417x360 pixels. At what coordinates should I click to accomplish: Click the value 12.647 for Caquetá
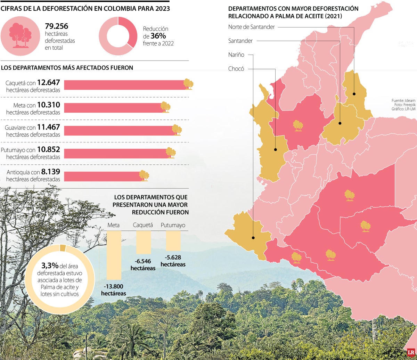click(49, 83)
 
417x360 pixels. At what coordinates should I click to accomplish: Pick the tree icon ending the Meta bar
click(165, 107)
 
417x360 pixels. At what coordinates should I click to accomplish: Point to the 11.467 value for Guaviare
click(49, 128)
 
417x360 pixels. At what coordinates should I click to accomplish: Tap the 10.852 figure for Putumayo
click(49, 150)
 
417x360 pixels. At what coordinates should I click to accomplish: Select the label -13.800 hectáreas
click(114, 290)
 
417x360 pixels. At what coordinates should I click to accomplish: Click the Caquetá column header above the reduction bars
click(143, 225)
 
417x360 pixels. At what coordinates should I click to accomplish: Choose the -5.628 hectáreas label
click(173, 261)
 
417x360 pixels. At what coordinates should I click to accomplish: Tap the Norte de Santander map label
click(252, 27)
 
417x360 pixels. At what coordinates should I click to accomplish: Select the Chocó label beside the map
click(236, 68)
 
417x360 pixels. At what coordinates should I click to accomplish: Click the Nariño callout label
click(236, 55)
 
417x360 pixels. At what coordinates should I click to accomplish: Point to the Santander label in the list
click(240, 41)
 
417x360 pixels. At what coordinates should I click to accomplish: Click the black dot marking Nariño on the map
click(253, 238)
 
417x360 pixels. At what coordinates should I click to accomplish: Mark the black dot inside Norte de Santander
click(354, 94)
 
